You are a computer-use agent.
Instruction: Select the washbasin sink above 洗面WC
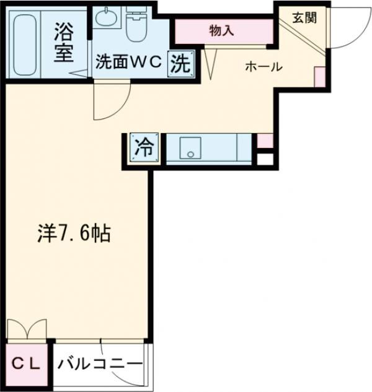108,17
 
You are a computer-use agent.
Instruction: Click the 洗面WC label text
128,63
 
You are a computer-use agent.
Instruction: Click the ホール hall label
263,66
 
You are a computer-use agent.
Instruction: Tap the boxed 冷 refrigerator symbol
143,148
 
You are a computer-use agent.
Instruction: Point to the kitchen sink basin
190,147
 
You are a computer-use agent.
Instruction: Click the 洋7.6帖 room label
72,233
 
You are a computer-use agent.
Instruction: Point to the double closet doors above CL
27,329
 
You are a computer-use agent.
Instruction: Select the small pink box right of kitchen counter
265,140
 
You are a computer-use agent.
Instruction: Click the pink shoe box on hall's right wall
319,76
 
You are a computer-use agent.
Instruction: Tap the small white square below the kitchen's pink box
265,159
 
